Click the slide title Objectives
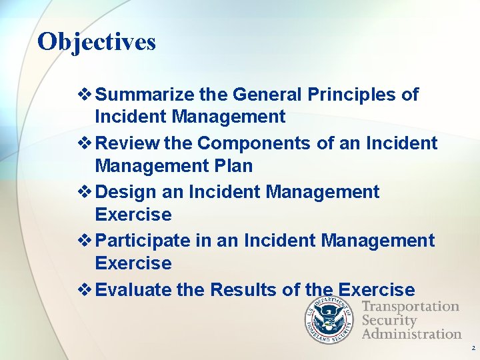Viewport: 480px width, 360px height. (97, 42)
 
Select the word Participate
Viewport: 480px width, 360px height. (144, 241)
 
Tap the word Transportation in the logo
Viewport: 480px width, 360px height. (411, 307)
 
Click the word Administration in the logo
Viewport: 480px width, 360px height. (411, 333)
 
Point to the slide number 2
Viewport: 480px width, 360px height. (473, 349)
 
